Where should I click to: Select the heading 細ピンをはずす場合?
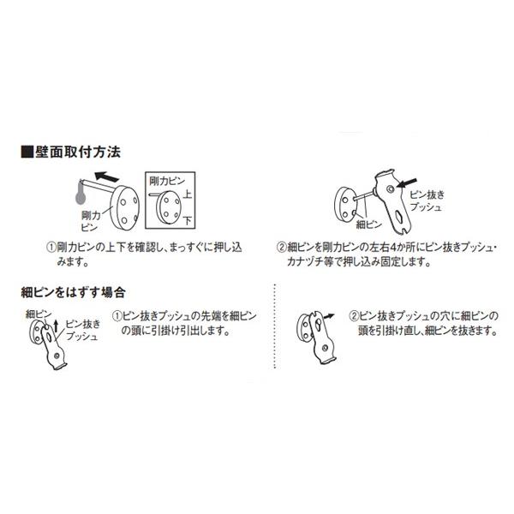point(75,291)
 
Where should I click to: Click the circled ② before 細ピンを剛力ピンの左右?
point(279,245)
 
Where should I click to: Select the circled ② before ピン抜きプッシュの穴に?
point(353,316)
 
